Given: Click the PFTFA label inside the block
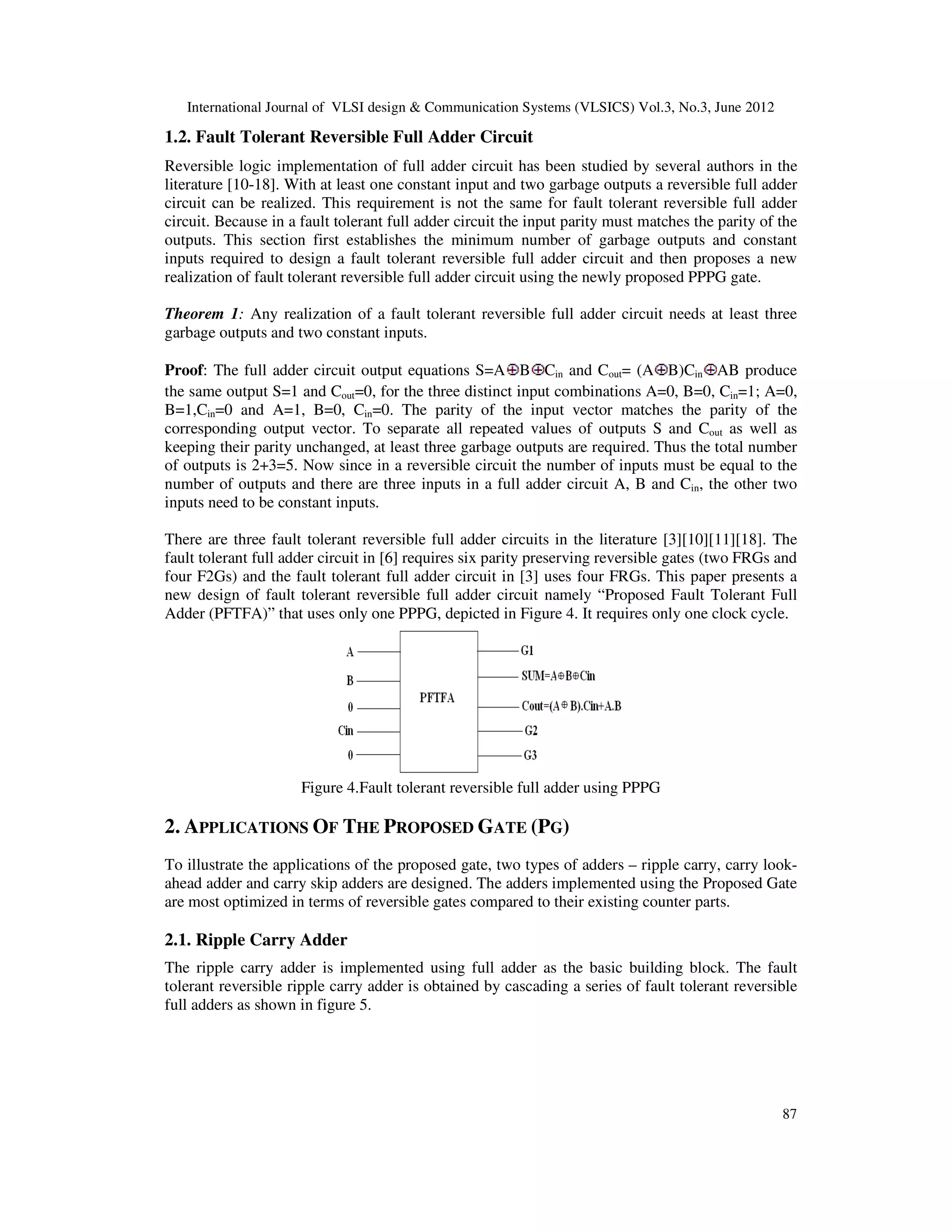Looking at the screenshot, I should coord(436,698).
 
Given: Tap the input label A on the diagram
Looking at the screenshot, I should coord(350,652).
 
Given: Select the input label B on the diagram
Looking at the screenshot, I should coord(350,681).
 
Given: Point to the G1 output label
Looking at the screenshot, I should coord(527,650).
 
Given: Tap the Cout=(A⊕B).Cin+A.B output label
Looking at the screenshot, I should coord(571,706).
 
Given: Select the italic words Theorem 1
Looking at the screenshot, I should coord(203,314).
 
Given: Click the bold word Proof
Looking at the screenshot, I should coord(185,370).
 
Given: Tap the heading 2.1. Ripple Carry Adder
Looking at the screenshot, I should coord(256,940).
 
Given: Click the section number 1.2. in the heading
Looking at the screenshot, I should coord(178,137).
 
